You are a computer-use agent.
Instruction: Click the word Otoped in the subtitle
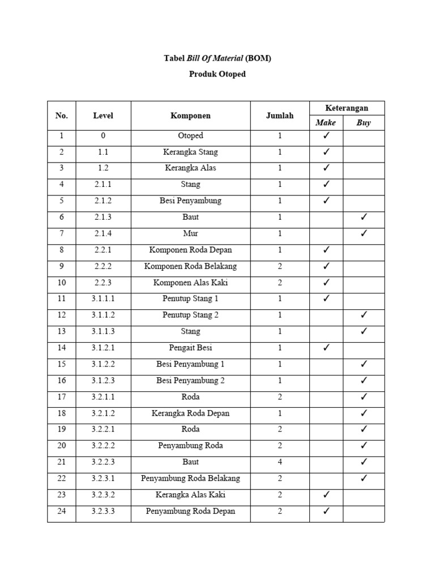click(x=232, y=74)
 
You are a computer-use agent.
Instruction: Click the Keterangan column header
click(x=347, y=108)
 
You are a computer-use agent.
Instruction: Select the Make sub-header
click(x=326, y=123)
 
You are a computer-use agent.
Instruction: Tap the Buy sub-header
click(x=364, y=123)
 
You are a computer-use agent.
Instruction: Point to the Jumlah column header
click(x=280, y=116)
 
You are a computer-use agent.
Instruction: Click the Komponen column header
click(x=190, y=116)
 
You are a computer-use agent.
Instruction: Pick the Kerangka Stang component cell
click(x=190, y=152)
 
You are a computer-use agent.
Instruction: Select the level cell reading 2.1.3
click(x=103, y=217)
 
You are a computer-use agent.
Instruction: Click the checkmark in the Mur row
click(x=364, y=233)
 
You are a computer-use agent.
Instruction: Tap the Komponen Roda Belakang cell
click(x=190, y=266)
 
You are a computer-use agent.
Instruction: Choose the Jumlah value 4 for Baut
click(x=280, y=462)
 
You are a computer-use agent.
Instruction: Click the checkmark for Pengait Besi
click(x=326, y=348)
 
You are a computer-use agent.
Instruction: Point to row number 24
click(x=62, y=511)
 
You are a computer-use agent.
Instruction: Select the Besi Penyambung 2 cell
click(x=190, y=381)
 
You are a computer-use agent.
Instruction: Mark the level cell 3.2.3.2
click(x=103, y=495)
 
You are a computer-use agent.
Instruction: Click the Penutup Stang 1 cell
click(x=190, y=298)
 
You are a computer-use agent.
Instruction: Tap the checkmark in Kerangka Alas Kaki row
click(x=326, y=495)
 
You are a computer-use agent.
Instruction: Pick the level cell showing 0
click(x=103, y=136)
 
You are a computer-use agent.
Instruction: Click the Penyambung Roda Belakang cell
click(x=190, y=479)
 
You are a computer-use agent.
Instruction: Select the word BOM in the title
click(x=258, y=59)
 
